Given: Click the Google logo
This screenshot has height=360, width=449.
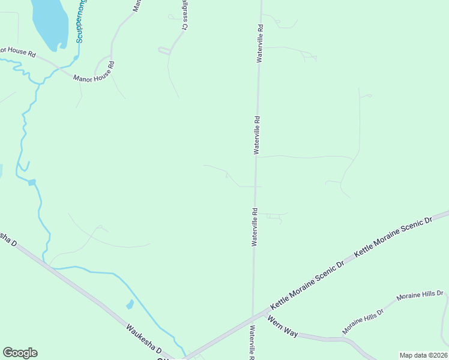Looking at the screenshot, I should tap(20, 353).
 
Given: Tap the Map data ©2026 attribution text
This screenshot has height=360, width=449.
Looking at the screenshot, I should tap(423, 355).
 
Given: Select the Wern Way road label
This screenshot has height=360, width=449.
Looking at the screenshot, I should tap(283, 326).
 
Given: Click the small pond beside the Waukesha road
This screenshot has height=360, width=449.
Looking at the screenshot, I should tap(130, 305).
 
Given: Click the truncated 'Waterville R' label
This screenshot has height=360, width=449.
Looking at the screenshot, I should tap(253, 342).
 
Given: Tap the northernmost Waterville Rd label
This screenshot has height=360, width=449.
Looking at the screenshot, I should tap(260, 44).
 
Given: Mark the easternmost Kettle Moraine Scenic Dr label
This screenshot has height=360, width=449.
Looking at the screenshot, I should tap(393, 238).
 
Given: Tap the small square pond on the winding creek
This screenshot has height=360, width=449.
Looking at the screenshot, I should tap(32, 182).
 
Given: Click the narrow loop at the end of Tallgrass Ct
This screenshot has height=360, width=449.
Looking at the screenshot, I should tap(164, 50).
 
